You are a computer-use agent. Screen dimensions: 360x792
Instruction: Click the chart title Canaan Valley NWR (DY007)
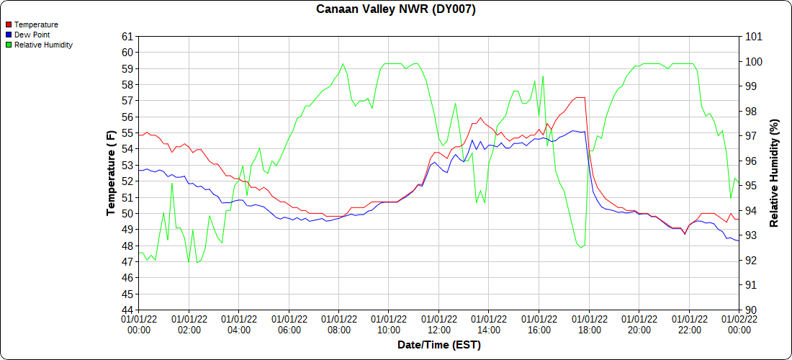coord(396,9)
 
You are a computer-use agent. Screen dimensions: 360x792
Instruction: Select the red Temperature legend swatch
coord(8,24)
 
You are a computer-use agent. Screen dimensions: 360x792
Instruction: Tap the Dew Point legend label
coord(32,35)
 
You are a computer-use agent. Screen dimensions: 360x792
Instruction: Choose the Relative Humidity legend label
coord(43,45)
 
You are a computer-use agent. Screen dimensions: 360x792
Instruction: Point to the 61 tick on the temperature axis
coord(127,37)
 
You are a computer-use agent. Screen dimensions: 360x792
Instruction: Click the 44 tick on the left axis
coord(127,310)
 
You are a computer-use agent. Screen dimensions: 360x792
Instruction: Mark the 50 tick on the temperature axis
coord(127,214)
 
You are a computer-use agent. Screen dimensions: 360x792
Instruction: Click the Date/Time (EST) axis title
coord(439,345)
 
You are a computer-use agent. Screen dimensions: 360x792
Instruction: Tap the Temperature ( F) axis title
coord(111,174)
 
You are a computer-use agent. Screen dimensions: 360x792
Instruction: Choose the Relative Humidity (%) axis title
coord(774,174)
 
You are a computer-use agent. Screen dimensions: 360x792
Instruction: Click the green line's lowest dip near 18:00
coord(581,248)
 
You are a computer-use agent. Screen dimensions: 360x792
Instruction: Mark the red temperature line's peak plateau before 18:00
coord(580,97)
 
